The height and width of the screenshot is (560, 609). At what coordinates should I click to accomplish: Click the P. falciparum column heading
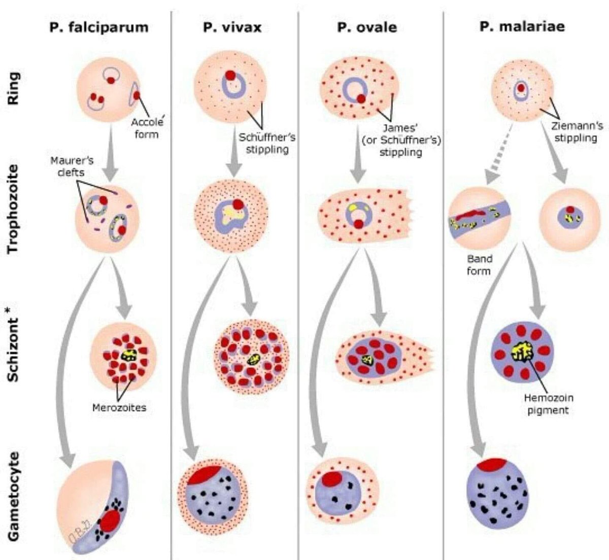[x=99, y=27]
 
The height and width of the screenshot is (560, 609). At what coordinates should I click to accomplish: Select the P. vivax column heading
[x=232, y=27]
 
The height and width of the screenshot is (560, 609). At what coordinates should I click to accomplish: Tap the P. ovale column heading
[x=367, y=27]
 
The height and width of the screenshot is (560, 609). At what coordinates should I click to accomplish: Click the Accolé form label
[x=147, y=128]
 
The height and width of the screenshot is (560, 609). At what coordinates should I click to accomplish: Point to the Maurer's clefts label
[x=72, y=166]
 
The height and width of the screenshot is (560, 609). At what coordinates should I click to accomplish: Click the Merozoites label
[x=119, y=407]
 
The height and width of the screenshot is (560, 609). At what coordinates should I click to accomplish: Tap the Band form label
[x=479, y=265]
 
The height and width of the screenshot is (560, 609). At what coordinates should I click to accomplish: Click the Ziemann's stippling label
[x=577, y=131]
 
